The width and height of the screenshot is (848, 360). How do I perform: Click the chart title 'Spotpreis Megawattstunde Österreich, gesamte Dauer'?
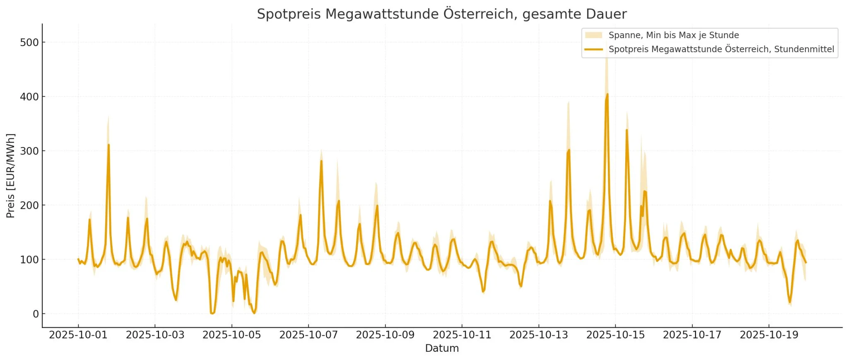(441, 14)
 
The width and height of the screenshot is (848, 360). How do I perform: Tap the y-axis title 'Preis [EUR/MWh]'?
(11, 176)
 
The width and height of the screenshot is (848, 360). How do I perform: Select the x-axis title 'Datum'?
(441, 348)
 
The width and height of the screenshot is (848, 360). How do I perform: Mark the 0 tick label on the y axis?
(36, 314)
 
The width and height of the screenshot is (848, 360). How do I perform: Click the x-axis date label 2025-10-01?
(78, 335)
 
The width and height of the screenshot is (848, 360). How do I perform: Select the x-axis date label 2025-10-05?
(231, 335)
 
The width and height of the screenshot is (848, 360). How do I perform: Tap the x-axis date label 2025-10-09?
(385, 335)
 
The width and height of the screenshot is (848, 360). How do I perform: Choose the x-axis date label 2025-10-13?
(538, 335)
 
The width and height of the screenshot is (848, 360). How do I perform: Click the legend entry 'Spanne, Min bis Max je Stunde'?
(673, 35)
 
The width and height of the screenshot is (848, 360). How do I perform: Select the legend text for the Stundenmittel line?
(721, 49)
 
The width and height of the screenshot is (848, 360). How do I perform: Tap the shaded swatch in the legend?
(593, 35)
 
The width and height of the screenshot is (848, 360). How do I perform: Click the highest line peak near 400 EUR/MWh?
(607, 94)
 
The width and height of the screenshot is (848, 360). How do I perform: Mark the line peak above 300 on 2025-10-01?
(108, 145)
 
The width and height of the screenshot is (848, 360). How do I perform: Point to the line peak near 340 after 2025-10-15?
(626, 130)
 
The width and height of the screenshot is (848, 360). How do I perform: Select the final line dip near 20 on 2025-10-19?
(790, 302)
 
